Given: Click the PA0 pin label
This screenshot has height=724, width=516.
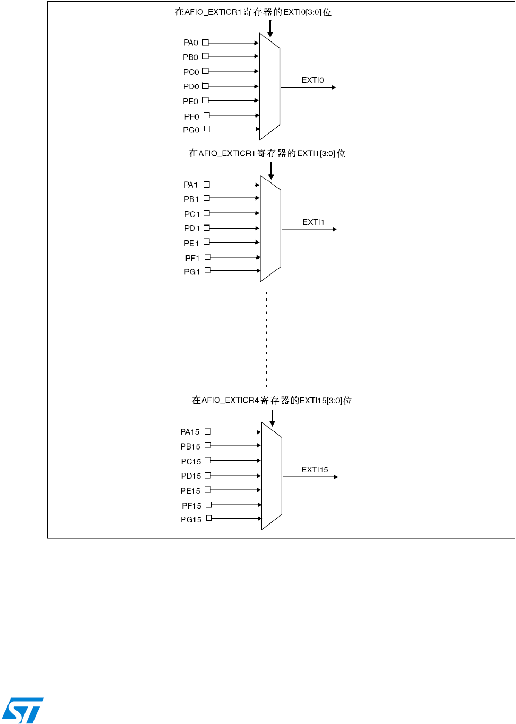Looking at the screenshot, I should [191, 43].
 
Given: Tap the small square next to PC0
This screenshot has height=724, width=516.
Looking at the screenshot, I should [206, 71].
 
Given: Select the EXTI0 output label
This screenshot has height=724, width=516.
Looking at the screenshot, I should [312, 80].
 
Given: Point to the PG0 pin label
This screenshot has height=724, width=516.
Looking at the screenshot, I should [191, 130].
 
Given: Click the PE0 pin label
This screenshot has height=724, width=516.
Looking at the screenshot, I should [190, 101].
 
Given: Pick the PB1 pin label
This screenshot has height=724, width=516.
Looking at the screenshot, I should [191, 199].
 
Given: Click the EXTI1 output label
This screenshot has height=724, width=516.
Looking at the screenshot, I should [313, 222].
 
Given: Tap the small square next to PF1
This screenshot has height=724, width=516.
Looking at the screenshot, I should [208, 257].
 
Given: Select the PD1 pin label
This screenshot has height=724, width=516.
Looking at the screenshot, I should [192, 228].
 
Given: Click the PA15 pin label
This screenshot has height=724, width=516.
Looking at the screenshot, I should [190, 432].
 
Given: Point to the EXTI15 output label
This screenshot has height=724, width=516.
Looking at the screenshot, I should [315, 470].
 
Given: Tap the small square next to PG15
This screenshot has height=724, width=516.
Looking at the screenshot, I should [209, 518].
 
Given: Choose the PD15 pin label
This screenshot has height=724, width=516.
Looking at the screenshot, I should [191, 476].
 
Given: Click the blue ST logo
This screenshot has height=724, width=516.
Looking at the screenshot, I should [23, 710].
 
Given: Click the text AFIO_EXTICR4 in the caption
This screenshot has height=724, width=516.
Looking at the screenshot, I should [230, 400].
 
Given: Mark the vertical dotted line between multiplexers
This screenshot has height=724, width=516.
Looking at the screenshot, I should [266, 339].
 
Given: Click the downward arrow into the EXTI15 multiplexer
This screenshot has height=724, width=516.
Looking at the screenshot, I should [272, 418].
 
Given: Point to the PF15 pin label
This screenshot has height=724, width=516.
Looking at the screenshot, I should [191, 506].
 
